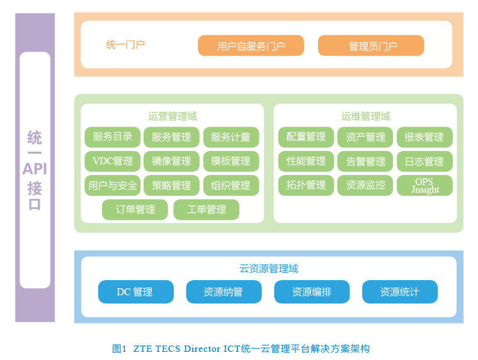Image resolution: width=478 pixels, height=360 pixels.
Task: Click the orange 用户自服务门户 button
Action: (251, 46)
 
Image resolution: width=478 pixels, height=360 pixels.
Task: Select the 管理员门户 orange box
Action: (371, 46)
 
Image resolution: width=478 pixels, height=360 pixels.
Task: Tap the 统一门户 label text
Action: (125, 45)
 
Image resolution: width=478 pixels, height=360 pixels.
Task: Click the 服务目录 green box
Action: (113, 137)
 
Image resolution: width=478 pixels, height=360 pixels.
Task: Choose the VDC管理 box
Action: (113, 161)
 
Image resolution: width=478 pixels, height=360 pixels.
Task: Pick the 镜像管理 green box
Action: (171, 161)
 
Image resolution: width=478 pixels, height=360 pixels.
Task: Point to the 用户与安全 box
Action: (113, 185)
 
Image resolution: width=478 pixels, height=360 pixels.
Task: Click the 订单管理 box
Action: (135, 210)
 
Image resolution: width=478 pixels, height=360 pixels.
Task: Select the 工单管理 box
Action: (207, 210)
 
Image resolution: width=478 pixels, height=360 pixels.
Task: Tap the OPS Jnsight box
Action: (424, 185)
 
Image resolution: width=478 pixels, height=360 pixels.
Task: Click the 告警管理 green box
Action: (365, 161)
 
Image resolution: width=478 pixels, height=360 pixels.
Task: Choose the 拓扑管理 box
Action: (306, 185)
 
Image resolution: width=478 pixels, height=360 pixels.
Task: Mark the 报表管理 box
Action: (424, 137)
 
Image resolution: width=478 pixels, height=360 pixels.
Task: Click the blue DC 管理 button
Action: (136, 292)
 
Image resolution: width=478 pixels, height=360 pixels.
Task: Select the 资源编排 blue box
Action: (312, 292)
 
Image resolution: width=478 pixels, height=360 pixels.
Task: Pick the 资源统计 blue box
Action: (400, 292)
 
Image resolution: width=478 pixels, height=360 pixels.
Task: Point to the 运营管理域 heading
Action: (173, 116)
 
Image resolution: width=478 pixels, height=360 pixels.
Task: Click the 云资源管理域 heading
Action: (268, 268)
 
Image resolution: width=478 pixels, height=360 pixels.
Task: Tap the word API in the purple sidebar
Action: (35, 169)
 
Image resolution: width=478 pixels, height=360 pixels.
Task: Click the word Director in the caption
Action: (202, 349)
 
